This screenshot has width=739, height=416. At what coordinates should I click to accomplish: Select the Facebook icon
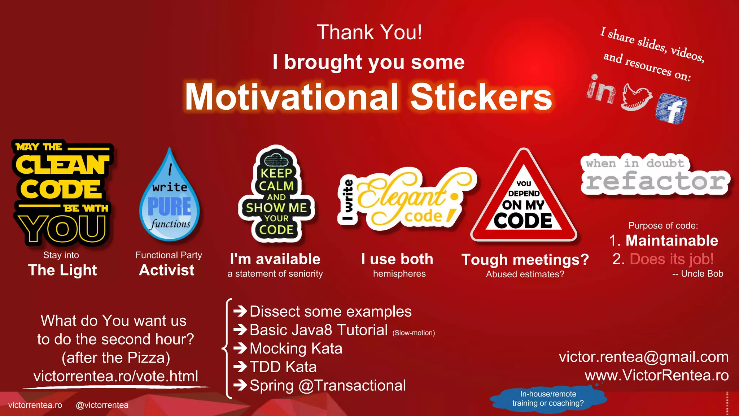671,108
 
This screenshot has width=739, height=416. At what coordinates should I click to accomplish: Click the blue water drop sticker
170,199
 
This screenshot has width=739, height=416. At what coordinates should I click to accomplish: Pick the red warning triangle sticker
524,202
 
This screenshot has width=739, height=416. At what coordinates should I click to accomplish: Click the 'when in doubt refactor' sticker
655,175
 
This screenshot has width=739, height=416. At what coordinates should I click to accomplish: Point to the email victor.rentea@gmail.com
644,357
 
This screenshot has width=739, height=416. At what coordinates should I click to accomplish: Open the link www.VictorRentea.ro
657,375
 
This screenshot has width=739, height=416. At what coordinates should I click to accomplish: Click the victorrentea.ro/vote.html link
116,376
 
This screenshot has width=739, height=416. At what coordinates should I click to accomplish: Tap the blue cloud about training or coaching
548,399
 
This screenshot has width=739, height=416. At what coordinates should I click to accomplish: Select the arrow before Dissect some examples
240,311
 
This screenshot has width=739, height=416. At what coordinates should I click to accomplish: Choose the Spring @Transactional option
328,385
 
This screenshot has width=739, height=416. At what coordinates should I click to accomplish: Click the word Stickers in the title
481,97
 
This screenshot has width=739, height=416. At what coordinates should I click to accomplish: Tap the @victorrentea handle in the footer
102,405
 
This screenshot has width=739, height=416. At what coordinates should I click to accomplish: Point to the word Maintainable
672,240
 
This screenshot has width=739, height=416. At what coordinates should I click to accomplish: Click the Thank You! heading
369,32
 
